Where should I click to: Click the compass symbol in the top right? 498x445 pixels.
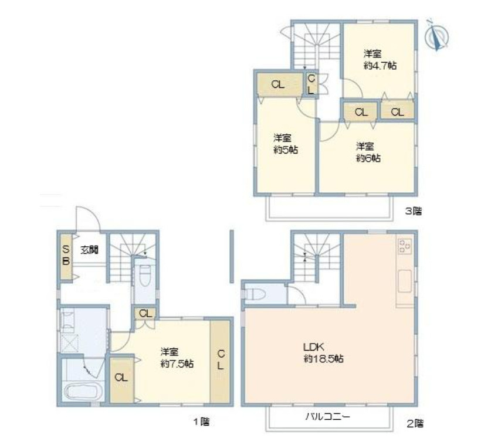click(x=436, y=36)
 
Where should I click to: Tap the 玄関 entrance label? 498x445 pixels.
click(x=89, y=250)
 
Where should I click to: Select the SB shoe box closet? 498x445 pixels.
click(x=66, y=256)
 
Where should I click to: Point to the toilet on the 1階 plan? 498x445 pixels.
click(x=145, y=275)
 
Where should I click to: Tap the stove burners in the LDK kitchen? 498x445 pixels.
click(x=405, y=246)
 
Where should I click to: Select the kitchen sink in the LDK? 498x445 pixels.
click(x=405, y=281)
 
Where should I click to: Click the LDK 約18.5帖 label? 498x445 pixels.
click(x=323, y=352)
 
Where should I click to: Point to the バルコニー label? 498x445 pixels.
click(x=328, y=416)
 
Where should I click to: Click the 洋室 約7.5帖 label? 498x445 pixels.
click(x=177, y=358)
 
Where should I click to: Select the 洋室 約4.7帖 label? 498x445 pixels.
click(x=380, y=60)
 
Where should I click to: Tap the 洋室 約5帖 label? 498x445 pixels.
click(x=286, y=144)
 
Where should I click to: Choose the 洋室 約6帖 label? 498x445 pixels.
click(x=368, y=152)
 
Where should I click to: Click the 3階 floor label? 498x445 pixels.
click(x=414, y=211)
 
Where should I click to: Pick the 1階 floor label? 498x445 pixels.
click(x=201, y=422)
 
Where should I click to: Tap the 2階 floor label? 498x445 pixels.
click(x=415, y=423)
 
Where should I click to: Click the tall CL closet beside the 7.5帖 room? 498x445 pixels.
click(x=220, y=362)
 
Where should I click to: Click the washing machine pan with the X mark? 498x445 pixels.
click(x=69, y=343)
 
